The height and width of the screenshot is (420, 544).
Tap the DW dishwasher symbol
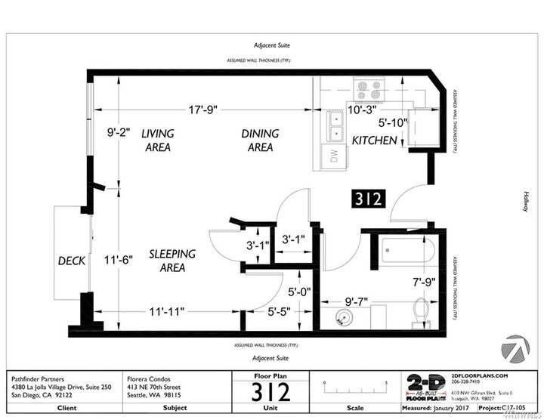332,156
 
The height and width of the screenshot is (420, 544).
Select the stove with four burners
370,91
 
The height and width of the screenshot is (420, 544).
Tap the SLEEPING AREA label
172,261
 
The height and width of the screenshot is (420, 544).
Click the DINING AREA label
260,141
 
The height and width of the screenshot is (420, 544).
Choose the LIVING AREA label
158,141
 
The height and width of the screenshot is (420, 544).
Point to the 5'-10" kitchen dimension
393,122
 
